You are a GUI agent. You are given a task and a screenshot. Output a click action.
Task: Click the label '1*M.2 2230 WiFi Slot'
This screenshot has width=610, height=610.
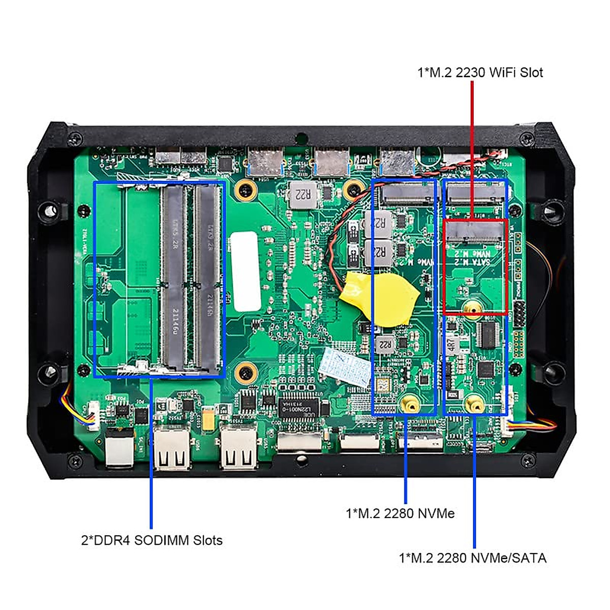coord(480,73)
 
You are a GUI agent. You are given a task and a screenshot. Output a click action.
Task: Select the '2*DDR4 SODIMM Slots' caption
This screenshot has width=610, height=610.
coord(151,540)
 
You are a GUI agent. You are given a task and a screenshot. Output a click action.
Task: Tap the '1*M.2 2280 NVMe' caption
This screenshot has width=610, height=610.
coord(400,513)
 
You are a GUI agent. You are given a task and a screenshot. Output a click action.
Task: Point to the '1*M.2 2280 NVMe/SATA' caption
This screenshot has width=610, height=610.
coord(472,558)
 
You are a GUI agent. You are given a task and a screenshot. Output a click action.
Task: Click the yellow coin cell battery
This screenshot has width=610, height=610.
coord(379,298)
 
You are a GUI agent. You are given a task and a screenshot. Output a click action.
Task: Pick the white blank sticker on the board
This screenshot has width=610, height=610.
coord(245,271)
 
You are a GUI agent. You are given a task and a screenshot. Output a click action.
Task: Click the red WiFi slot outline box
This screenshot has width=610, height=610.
coord(444,267)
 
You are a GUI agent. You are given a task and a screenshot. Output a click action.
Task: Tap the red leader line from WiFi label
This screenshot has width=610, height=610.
coord(472,147)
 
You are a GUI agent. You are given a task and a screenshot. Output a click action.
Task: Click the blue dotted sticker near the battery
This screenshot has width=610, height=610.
coord(346,364)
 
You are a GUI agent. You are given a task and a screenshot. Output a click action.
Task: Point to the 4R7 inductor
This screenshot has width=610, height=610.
coord(451,345)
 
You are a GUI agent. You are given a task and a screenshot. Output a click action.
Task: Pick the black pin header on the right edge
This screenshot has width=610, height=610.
coord(520,314)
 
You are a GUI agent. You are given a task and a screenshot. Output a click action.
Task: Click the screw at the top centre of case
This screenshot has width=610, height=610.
coord(301,137)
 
